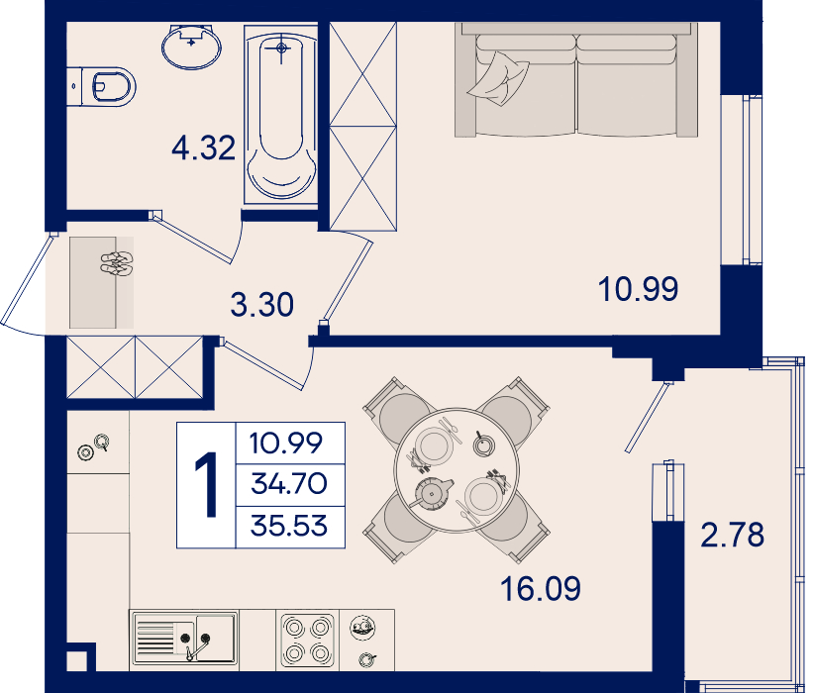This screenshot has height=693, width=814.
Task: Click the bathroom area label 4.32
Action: coord(204,148)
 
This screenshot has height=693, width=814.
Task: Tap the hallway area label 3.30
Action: coord(262,304)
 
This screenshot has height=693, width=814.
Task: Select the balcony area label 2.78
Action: coord(733,535)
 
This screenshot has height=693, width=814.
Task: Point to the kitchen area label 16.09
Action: coord(541,589)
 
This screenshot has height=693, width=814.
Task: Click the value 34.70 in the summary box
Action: coord(289,484)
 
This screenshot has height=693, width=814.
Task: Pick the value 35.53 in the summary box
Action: coord(289,526)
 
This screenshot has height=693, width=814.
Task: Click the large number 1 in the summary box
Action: coord(207,485)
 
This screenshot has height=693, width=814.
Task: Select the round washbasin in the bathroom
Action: coord(191,47)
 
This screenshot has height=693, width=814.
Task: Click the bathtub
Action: coord(281,114)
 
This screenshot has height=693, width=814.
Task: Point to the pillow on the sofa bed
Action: coord(498,79)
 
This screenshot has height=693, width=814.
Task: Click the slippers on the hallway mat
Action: coord(117,262)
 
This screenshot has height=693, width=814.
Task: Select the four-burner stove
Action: coord(307,641)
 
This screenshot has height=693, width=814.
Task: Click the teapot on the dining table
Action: coord(431,493)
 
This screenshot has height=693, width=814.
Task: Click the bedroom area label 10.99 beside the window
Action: coord(638,289)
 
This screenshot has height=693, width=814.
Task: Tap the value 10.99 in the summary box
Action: coord(286,443)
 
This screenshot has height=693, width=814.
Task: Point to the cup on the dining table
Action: coord(483,445)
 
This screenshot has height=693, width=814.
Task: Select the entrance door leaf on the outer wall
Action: coord(27,279)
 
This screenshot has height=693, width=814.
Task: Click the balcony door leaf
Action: coord(647,418)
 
